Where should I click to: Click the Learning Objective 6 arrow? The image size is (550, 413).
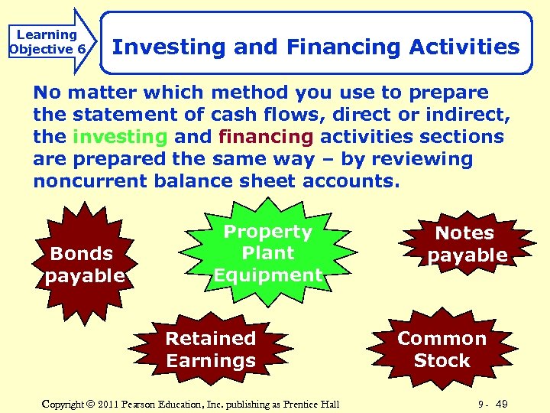click(47, 42)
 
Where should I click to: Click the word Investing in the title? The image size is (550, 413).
click(169, 47)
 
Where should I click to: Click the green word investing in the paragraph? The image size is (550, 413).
click(120, 137)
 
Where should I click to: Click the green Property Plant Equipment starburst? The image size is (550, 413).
click(267, 253)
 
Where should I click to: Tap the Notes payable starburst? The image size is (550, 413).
click(466, 244)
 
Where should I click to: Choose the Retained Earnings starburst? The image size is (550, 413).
click(211, 350)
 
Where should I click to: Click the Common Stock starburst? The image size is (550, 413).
click(442, 350)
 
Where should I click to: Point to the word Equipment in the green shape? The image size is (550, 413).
click(267, 275)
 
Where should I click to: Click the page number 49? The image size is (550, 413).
click(501, 403)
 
